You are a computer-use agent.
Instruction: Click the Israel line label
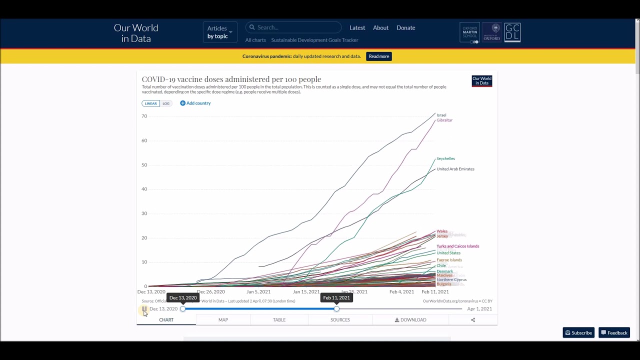pos(441,115)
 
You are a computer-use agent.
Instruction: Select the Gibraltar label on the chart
pos(444,120)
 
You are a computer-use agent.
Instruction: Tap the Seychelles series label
pos(445,158)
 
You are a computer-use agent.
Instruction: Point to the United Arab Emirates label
pos(455,169)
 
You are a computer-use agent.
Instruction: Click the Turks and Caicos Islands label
pos(457,246)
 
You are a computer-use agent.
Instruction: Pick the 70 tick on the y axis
pos(144,116)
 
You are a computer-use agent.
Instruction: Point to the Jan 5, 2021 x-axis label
pos(258,291)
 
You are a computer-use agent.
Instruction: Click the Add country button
pos(195,103)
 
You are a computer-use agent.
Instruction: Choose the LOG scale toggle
pos(166,103)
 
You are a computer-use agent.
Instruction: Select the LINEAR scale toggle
pos(150,103)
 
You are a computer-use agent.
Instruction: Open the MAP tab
pos(223,319)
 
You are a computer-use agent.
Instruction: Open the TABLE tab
pos(279,319)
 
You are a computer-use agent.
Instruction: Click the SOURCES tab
pos(340,319)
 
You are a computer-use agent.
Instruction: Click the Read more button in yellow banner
pos(378,56)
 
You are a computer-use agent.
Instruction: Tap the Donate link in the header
pos(405,27)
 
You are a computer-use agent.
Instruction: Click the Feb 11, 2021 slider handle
pos(336,308)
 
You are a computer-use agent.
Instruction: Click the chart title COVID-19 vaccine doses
pos(231,79)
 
